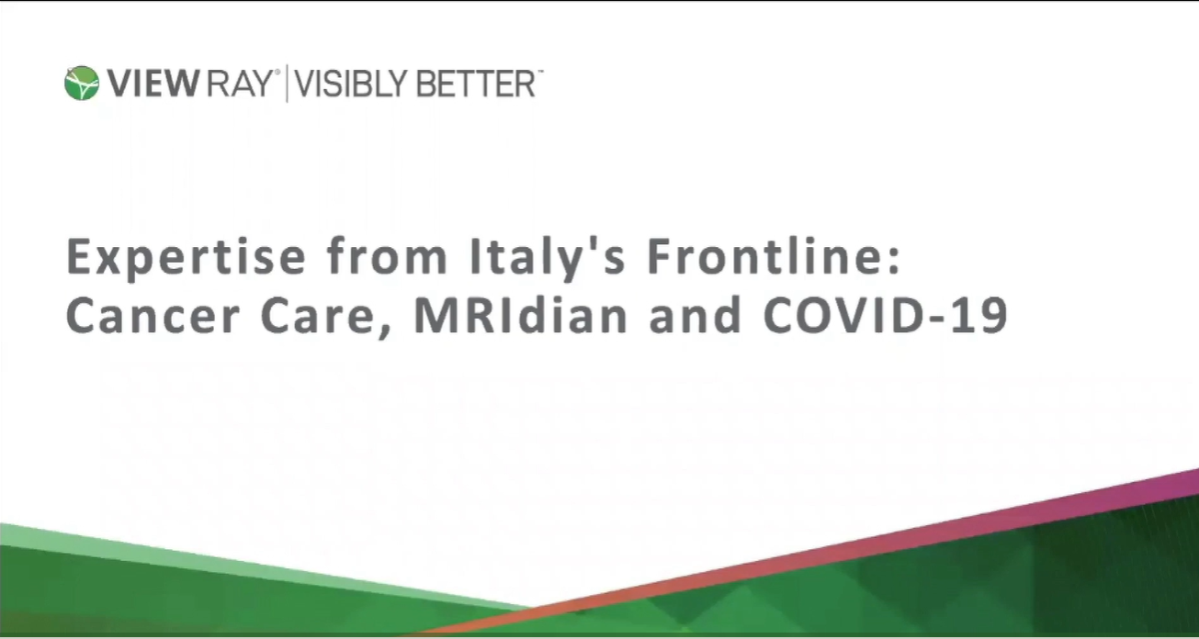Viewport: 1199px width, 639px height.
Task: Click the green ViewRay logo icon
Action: coord(81,84)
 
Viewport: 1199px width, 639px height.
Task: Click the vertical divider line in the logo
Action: coord(286,84)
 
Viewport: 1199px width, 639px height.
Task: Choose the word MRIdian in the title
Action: coord(521,316)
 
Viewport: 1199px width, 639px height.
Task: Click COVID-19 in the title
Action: coord(887,316)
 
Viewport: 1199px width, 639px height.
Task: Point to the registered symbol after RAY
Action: coord(277,73)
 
